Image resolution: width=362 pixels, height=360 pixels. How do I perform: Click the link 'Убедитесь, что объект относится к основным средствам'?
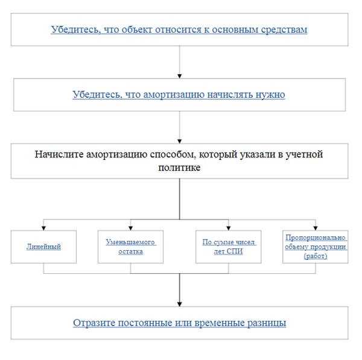click(179, 29)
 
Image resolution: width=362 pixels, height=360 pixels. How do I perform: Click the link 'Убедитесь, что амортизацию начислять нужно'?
click(179, 95)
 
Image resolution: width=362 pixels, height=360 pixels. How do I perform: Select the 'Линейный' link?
click(43, 247)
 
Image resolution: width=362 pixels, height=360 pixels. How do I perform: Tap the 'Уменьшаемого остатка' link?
click(130, 247)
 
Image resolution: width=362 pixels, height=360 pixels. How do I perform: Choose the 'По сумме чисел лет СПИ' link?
click(229, 247)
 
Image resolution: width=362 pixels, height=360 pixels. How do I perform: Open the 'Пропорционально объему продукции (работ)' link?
click(316, 247)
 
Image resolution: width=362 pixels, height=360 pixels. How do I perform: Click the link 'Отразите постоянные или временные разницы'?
click(179, 323)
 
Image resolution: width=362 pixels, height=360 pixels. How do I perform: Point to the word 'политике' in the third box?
click(179, 168)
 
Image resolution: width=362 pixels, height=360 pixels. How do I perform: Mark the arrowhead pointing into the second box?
click(180, 75)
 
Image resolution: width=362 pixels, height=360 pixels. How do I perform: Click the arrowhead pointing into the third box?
click(180, 141)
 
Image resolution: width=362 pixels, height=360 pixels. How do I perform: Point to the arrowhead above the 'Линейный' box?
click(43, 227)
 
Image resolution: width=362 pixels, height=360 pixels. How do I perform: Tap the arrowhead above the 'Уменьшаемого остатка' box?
click(130, 227)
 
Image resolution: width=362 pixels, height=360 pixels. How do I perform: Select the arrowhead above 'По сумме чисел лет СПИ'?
click(229, 227)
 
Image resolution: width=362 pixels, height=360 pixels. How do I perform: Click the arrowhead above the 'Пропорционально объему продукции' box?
click(316, 227)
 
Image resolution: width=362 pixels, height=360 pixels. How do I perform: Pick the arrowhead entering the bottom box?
click(180, 303)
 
